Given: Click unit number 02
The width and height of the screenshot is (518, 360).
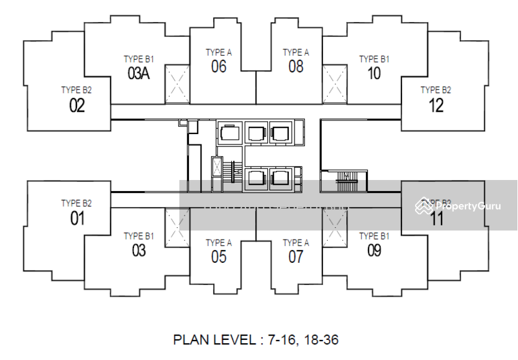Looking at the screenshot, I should click(77, 106).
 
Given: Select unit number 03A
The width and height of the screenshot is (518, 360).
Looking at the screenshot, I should click(139, 74).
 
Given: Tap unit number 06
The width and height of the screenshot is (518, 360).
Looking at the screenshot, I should click(219, 67).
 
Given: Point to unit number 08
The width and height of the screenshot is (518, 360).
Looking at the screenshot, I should click(296, 67).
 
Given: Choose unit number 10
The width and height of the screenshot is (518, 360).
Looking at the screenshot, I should click(374, 74).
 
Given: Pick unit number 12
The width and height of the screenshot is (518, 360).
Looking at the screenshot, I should click(436, 106).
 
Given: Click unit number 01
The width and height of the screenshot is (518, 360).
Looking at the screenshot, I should click(77, 219).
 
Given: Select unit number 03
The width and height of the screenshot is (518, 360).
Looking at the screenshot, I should click(139, 251).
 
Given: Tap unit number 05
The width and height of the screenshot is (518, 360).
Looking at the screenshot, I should click(219, 257).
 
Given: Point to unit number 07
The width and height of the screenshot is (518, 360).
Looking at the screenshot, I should click(296, 257).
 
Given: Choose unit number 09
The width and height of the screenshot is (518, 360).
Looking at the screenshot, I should click(374, 251).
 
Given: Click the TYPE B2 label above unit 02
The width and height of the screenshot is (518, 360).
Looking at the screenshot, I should click(76, 91).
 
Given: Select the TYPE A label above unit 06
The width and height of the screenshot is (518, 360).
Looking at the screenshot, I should click(219, 52).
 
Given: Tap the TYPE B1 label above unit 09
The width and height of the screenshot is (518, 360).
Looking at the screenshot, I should click(374, 236).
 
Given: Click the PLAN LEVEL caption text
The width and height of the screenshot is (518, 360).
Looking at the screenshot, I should click(256, 339).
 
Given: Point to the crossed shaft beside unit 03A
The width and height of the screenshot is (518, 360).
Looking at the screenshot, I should click(177, 84).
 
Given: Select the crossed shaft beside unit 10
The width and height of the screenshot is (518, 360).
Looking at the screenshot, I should click(335, 84).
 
